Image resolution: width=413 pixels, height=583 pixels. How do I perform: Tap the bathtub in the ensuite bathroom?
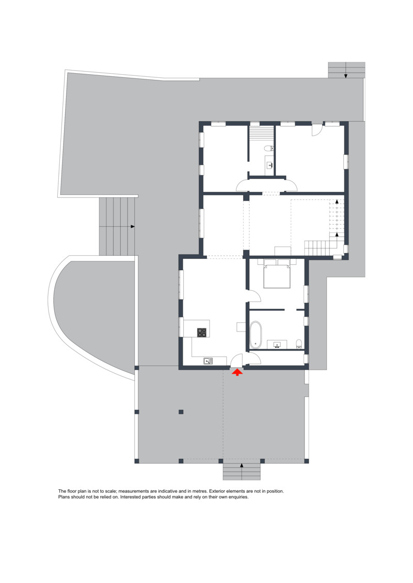pos(256,335)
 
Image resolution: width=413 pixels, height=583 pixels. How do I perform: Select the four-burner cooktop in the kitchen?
pos(201,332)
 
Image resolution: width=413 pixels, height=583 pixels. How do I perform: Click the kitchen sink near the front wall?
pos(208,361)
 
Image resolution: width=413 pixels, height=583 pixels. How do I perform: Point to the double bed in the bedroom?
pos(277,274)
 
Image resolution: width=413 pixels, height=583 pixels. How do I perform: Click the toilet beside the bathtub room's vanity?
pos(299,343)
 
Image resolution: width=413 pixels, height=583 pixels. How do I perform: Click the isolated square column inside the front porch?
pos(181,411)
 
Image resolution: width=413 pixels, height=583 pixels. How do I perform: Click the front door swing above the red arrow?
pos(236,360)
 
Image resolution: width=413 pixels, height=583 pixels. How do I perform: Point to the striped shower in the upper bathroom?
pos(261,134)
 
